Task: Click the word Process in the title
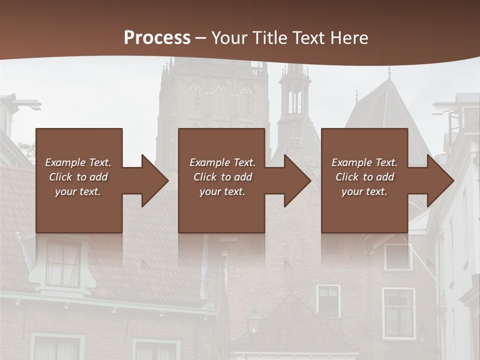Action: click(x=157, y=37)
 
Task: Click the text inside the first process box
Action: click(x=78, y=177)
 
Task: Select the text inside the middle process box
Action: click(x=222, y=177)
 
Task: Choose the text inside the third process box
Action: click(x=364, y=177)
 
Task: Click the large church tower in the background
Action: click(x=212, y=100)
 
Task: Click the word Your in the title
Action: click(x=229, y=37)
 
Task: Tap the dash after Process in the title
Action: click(x=200, y=38)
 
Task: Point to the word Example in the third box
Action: click(x=351, y=162)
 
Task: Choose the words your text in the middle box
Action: click(x=222, y=191)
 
